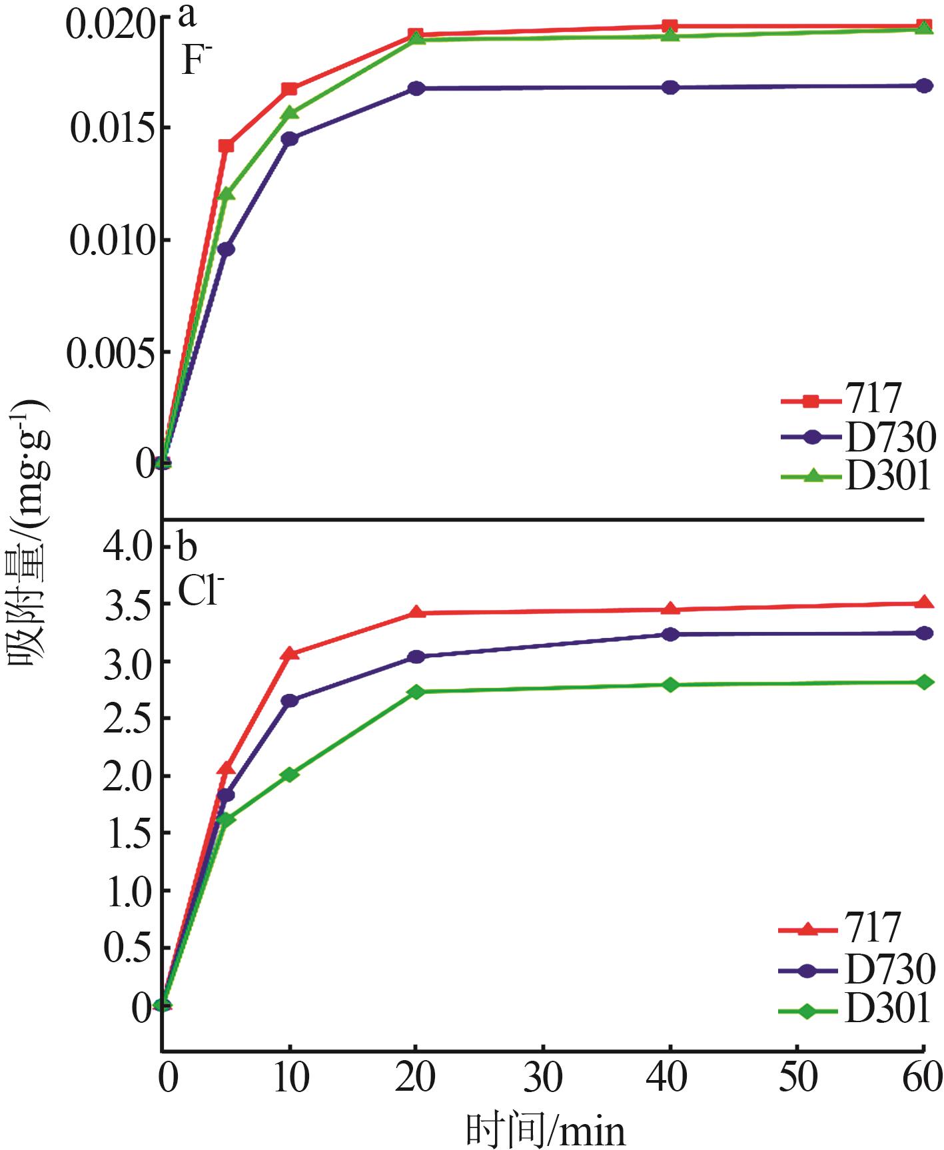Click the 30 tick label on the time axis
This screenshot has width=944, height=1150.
click(544, 1077)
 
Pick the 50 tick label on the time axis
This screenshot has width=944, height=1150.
click(797, 1077)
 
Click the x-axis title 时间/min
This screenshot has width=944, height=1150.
click(546, 1128)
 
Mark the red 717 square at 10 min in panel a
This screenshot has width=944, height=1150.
click(289, 89)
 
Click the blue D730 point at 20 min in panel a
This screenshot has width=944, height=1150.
click(416, 88)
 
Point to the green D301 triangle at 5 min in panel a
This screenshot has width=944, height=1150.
click(226, 194)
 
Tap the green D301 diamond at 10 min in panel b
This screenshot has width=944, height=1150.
click(289, 774)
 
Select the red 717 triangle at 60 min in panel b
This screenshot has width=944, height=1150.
click(924, 603)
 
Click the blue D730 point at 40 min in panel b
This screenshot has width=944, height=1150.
click(670, 634)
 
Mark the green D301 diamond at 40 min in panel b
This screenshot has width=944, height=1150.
click(670, 685)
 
